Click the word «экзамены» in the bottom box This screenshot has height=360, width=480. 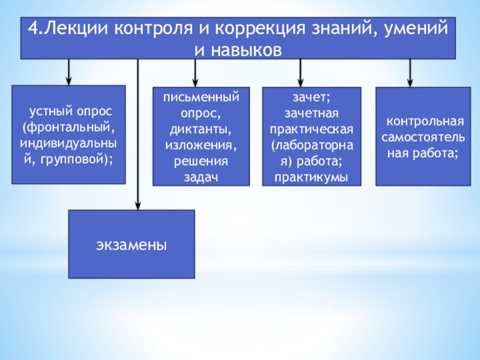pos(131,245)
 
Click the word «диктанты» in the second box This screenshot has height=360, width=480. pos(200,130)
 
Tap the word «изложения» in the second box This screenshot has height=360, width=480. pos(200,145)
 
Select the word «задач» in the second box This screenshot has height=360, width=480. pos(200,177)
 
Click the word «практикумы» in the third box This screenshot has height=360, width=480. pos(311,177)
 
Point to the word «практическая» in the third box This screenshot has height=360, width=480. pos(311,130)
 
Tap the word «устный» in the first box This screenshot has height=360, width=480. pos(50,112)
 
